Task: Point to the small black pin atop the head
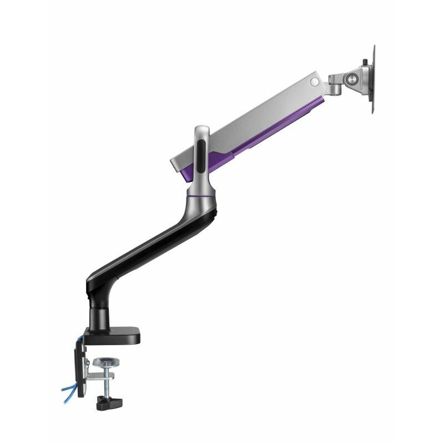(x=365, y=62)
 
